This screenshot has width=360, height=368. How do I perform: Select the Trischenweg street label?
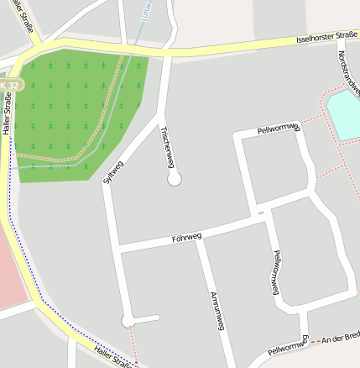pyautogui.click(x=168, y=147)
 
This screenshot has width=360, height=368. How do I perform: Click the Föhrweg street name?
pyautogui.click(x=185, y=238)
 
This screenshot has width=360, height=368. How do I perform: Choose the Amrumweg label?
pyautogui.click(x=217, y=311)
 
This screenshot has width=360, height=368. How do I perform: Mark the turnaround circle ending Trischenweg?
pyautogui.click(x=175, y=179)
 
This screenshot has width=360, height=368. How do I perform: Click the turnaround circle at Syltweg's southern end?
pyautogui.click(x=128, y=321)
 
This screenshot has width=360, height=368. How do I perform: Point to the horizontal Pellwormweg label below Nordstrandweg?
pyautogui.click(x=279, y=129)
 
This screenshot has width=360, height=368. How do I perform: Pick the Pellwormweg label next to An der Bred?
pyautogui.click(x=287, y=344)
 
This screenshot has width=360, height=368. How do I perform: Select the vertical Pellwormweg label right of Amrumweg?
pyautogui.click(x=273, y=272)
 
